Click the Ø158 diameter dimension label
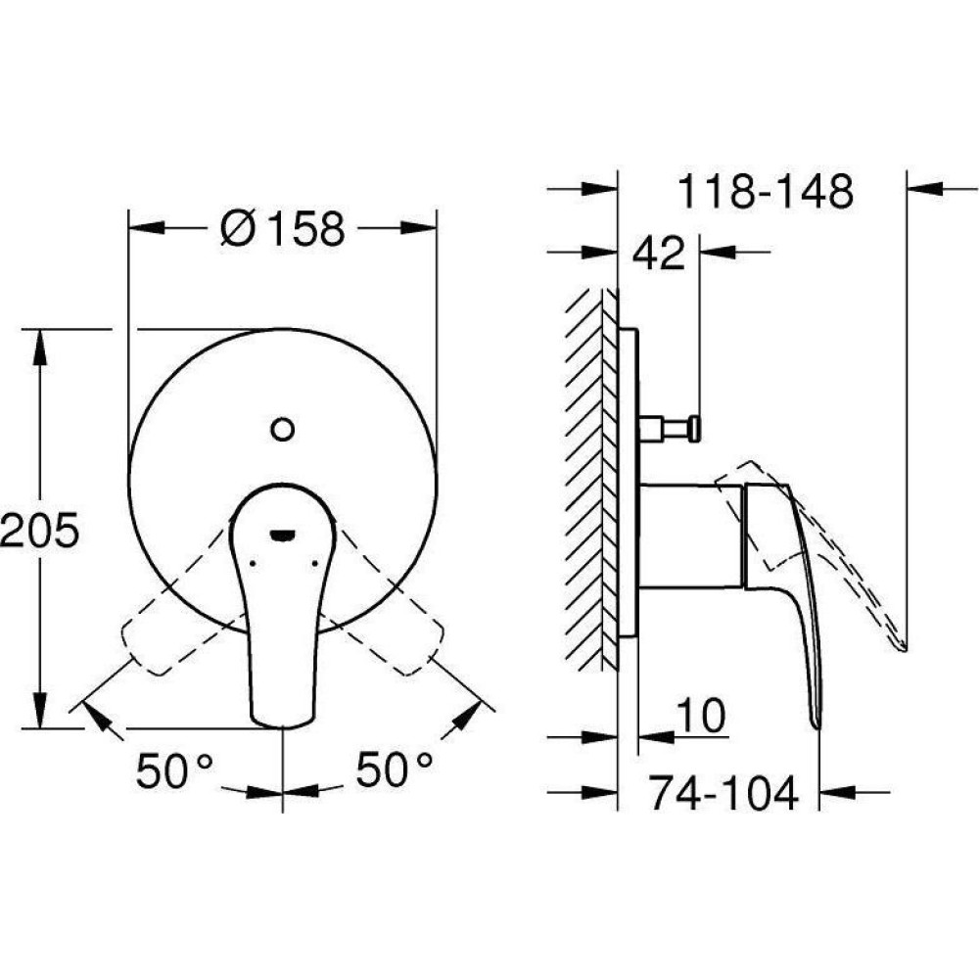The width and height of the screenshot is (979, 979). [282, 228]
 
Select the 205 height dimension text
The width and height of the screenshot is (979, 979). [39, 530]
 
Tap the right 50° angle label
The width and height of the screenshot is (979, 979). [394, 769]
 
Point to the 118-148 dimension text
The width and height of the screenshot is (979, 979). [765, 191]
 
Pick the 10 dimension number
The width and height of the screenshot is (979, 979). [701, 716]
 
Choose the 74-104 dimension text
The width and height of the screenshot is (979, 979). [723, 792]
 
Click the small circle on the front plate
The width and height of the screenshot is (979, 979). [282, 429]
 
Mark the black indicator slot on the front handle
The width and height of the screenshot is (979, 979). [282, 534]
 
